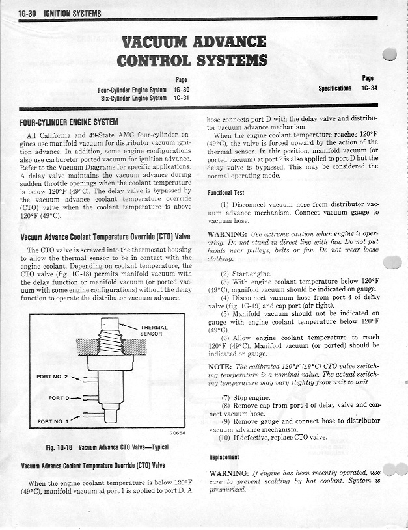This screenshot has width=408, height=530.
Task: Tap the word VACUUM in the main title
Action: point(163,43)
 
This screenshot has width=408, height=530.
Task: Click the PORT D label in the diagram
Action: point(64,396)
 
